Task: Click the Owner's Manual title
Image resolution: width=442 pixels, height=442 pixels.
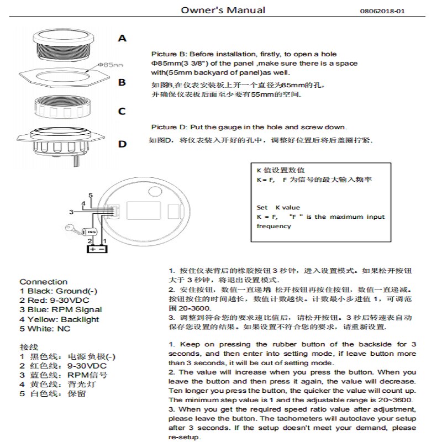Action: (x=223, y=10)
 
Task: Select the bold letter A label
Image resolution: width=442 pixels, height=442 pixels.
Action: (x=122, y=39)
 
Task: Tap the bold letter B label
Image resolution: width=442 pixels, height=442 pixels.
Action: (x=122, y=82)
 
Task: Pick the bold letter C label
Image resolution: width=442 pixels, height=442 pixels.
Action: (x=122, y=111)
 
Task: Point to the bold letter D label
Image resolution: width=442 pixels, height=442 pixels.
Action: (x=122, y=144)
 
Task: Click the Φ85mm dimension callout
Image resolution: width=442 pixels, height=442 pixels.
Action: (x=109, y=65)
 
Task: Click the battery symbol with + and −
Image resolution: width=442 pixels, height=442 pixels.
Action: (x=96, y=249)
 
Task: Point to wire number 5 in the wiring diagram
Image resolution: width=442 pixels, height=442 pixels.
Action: (x=90, y=196)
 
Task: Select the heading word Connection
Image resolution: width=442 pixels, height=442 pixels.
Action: (x=43, y=282)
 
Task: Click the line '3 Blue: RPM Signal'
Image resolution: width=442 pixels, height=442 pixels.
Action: (x=61, y=310)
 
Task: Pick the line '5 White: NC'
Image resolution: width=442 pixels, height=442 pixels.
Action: (x=45, y=329)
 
